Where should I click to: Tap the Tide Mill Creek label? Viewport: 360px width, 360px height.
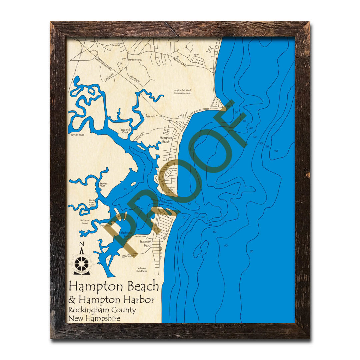[125, 131]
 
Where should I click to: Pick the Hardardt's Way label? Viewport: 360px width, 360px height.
[135, 59]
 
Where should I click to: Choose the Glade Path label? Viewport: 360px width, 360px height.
[150, 117]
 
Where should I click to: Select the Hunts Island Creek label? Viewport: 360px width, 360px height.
[92, 202]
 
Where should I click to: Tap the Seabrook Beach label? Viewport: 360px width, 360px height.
[145, 244]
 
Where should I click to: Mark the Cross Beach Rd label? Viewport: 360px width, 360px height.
[130, 256]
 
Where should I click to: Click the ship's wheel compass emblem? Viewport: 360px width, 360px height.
[82, 264]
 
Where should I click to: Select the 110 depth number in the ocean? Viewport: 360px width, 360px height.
[276, 151]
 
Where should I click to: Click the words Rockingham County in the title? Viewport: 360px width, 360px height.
[102, 310]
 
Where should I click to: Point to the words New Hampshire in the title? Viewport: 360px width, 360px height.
[94, 318]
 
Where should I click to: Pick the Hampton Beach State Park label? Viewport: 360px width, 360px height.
[170, 190]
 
